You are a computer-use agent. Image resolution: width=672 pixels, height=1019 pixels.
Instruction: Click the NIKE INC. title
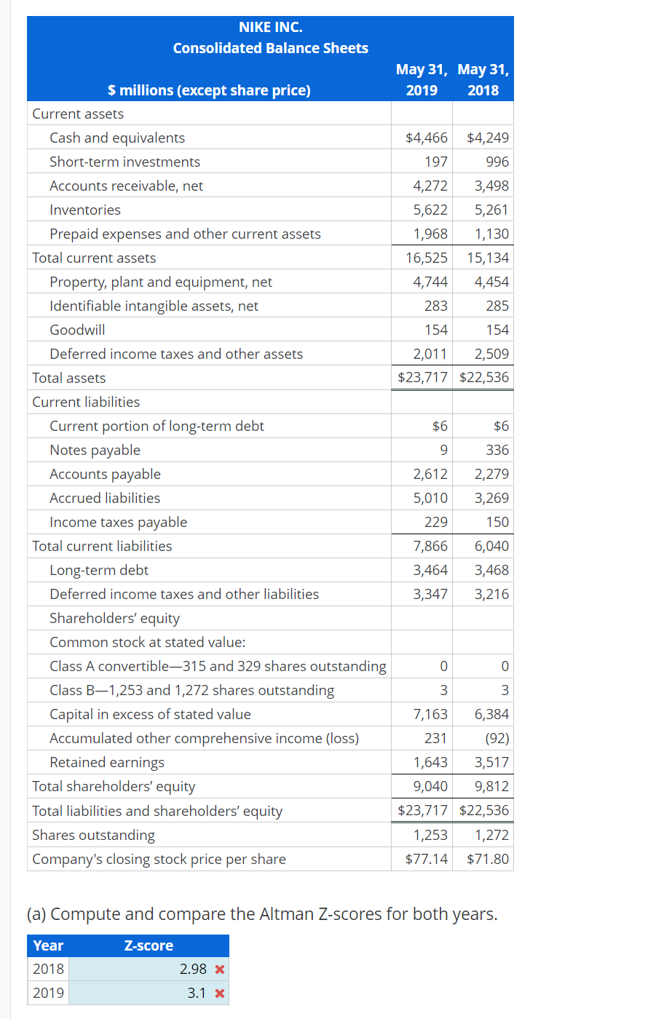[270, 27]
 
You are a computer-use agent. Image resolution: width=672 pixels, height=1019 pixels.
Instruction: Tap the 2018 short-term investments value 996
[497, 162]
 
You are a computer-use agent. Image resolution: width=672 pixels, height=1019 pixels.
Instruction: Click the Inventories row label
[85, 210]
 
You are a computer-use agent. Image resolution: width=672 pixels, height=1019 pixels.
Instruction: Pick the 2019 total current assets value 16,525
[427, 258]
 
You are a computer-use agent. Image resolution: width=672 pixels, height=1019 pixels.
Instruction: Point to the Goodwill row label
[77, 330]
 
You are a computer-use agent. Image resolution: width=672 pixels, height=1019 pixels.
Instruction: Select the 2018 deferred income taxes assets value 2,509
[491, 354]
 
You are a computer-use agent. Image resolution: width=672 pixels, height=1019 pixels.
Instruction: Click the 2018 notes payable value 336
[497, 450]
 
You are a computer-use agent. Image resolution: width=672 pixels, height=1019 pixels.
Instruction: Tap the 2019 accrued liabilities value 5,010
[430, 498]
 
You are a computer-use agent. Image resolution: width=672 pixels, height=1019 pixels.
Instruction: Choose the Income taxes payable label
[118, 522]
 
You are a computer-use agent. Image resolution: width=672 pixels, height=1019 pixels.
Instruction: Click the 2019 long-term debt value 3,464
[430, 570]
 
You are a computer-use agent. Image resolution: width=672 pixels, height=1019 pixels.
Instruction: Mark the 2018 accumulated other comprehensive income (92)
[497, 738]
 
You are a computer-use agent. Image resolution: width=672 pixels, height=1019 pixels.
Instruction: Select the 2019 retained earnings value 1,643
[430, 762]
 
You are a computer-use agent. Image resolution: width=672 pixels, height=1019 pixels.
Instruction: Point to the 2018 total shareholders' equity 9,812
[491, 786]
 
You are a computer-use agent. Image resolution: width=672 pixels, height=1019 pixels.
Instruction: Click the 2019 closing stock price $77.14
[427, 859]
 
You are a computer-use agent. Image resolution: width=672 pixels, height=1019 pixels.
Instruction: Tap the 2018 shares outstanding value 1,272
[491, 835]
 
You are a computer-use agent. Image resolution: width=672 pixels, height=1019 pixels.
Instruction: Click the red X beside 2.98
[220, 970]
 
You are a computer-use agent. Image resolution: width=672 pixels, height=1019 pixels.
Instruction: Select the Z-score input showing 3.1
[146, 993]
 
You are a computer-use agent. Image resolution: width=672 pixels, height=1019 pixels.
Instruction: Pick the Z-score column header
[149, 945]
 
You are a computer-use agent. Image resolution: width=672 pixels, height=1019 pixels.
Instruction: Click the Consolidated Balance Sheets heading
[270, 48]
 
